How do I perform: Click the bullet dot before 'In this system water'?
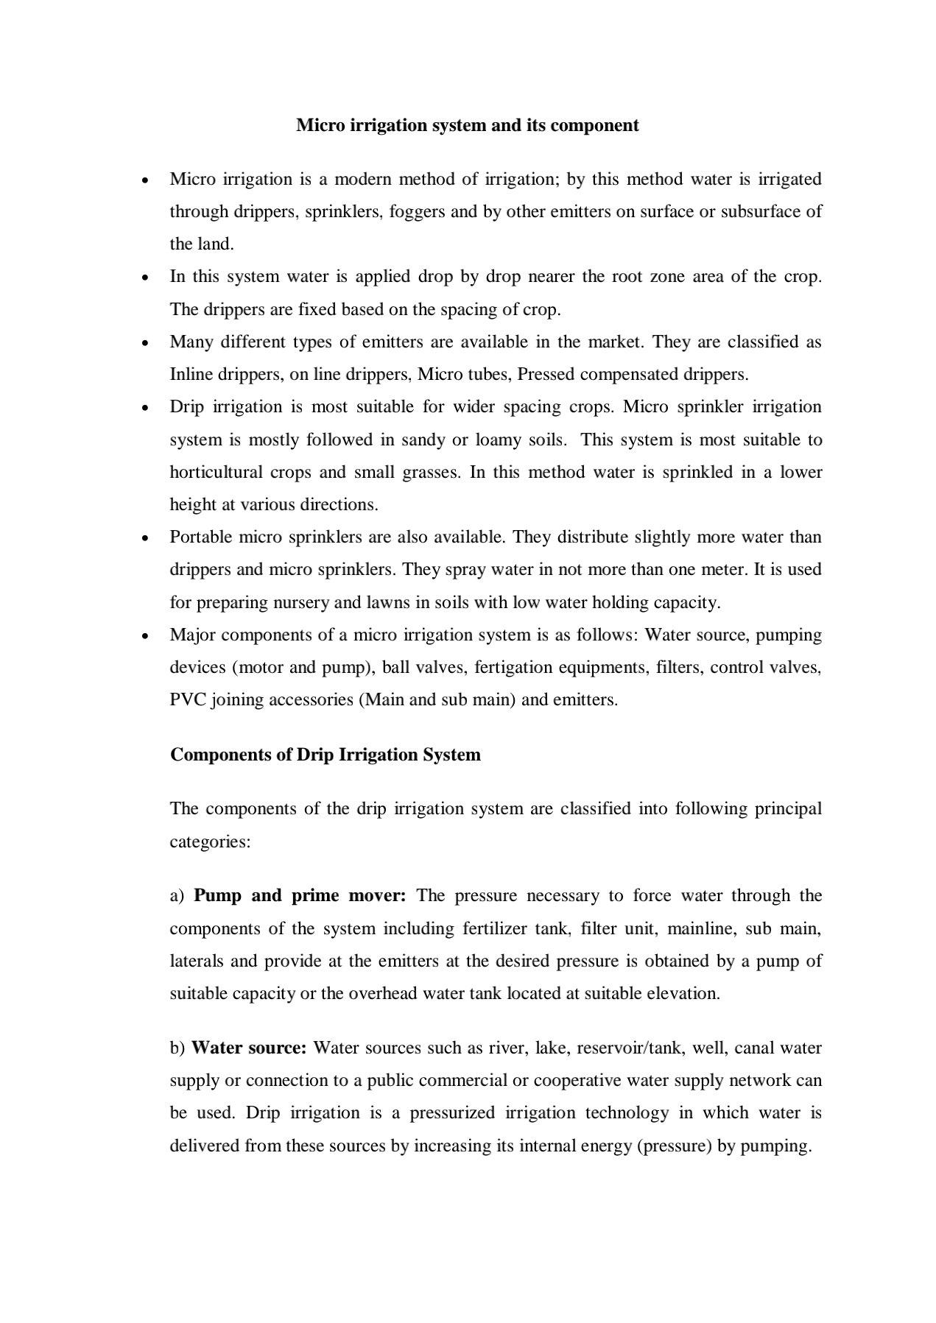(x=147, y=278)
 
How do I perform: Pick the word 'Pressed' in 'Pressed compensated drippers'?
(x=546, y=375)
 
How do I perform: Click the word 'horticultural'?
(x=217, y=472)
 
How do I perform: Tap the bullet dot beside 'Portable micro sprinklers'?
(x=147, y=538)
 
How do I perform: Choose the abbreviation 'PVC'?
(x=188, y=700)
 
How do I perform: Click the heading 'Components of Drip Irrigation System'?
(x=326, y=755)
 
